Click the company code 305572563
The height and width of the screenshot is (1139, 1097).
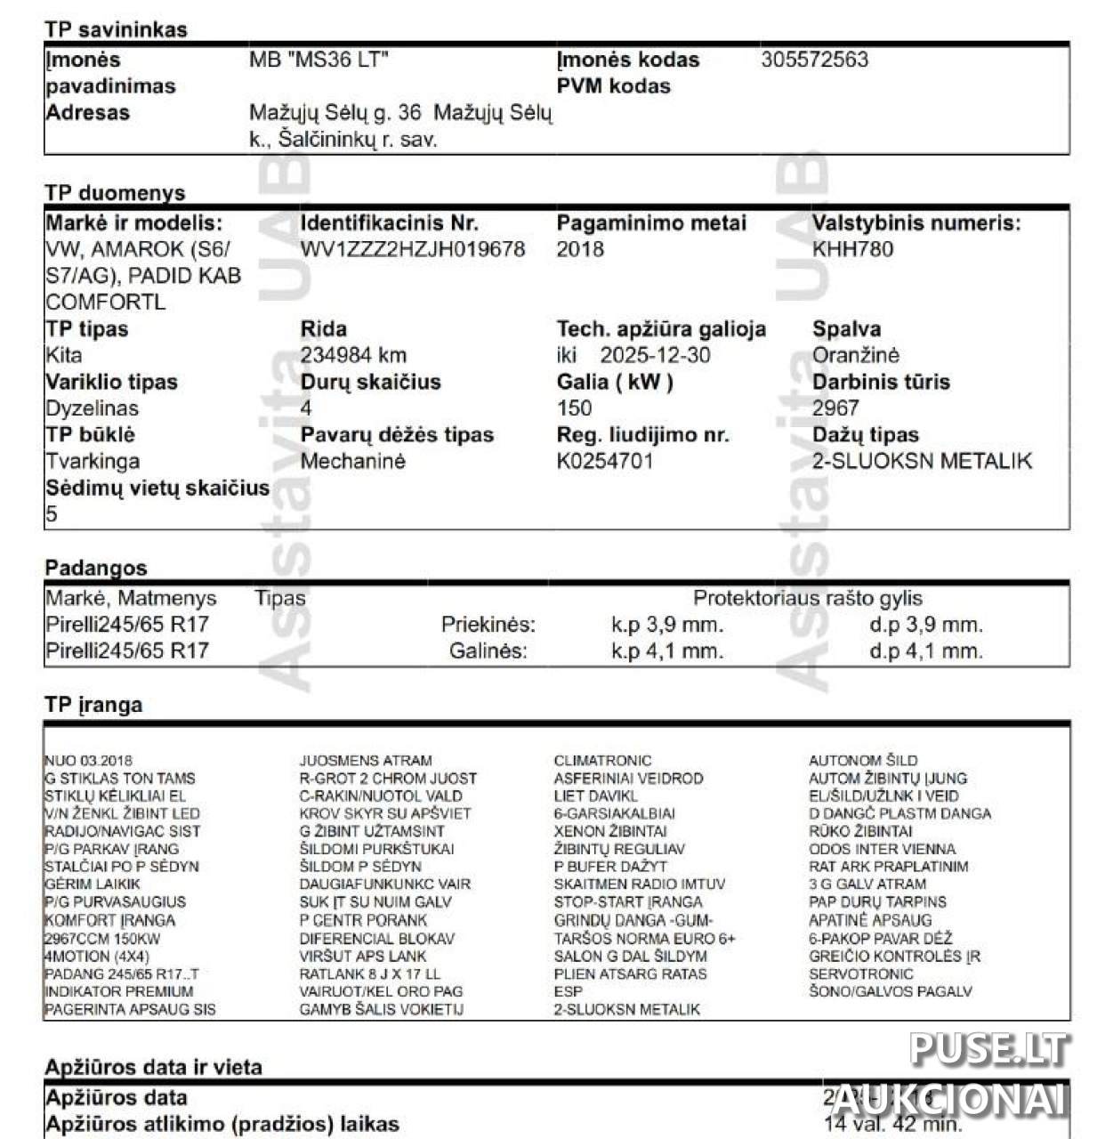click(x=814, y=60)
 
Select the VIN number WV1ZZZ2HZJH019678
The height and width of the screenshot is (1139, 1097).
click(x=413, y=249)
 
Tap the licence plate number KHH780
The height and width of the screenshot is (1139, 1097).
click(x=852, y=249)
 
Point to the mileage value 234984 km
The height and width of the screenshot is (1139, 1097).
click(x=353, y=355)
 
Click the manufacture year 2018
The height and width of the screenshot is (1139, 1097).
click(x=580, y=249)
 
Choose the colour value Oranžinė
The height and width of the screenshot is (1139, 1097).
click(x=855, y=355)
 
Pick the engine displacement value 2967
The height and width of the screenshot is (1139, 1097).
click(x=835, y=408)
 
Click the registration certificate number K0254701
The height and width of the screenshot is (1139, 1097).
click(x=604, y=461)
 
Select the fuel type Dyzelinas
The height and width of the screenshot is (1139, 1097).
click(x=92, y=408)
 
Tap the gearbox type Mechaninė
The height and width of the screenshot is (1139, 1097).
click(x=352, y=461)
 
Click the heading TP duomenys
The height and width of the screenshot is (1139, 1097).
click(x=115, y=193)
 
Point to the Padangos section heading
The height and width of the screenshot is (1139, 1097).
click(x=95, y=568)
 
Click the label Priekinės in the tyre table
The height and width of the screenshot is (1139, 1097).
click(x=488, y=625)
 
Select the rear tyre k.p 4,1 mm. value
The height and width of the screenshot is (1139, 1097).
click(x=666, y=651)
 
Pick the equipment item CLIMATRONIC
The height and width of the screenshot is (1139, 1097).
click(x=602, y=761)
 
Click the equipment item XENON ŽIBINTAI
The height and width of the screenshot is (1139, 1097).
click(x=609, y=831)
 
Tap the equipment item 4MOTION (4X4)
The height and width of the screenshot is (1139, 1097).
click(x=96, y=956)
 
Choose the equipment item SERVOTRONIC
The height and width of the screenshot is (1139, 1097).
click(x=860, y=973)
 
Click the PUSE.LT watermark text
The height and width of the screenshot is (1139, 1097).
click(x=988, y=1049)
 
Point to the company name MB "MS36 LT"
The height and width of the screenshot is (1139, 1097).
click(x=319, y=60)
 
